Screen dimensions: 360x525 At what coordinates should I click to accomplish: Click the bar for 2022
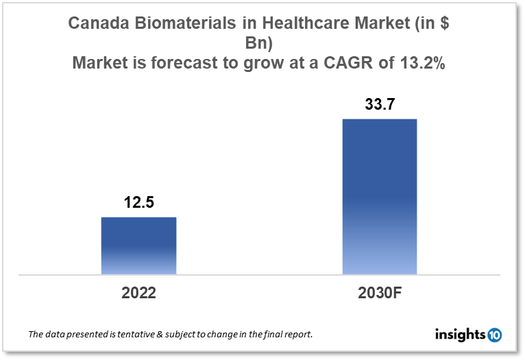[x=138, y=245]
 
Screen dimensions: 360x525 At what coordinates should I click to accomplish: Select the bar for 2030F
[x=379, y=197]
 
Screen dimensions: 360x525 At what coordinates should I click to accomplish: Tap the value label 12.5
[x=138, y=203]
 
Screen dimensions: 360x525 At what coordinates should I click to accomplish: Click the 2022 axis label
[x=138, y=293]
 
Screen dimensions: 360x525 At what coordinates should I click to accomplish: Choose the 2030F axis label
[x=379, y=293]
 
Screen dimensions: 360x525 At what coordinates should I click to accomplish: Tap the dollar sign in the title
[x=444, y=23]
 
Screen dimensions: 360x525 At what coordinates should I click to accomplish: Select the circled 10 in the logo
[x=494, y=335]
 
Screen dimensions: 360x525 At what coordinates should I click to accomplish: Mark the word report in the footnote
[x=297, y=335]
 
